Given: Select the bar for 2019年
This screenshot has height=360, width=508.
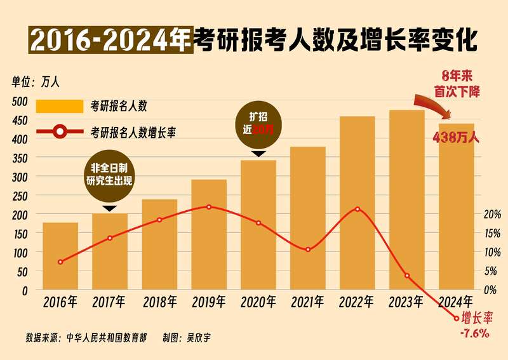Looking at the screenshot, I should (x=209, y=235).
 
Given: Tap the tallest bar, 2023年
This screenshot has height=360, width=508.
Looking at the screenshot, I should (x=407, y=200).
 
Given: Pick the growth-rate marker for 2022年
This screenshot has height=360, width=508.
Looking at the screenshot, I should (x=358, y=210).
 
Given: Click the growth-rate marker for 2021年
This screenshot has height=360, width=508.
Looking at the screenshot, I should (x=308, y=250).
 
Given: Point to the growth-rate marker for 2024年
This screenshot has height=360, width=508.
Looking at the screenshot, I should (x=456, y=318).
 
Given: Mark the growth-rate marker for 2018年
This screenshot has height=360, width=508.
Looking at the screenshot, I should (x=159, y=220).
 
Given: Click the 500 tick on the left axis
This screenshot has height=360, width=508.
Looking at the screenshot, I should (x=20, y=101).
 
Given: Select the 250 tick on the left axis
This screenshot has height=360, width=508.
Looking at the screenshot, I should (x=20, y=196).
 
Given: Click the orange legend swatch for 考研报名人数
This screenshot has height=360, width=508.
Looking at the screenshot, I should (x=59, y=106).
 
